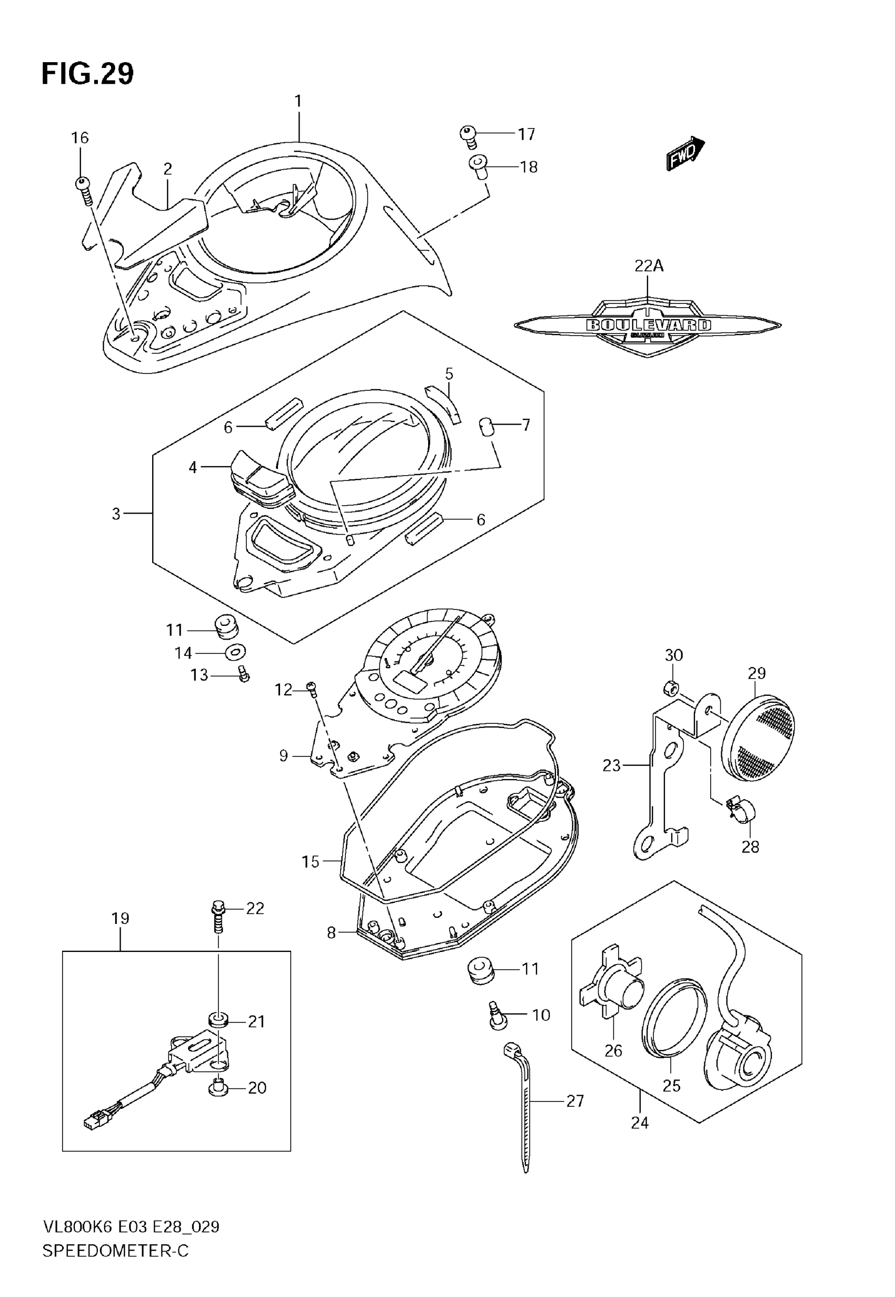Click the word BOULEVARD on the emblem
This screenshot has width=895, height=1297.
648,325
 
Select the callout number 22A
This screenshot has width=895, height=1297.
649,266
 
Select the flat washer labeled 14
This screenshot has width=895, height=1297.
235,652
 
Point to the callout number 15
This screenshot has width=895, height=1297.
310,862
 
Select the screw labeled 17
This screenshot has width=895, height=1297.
468,135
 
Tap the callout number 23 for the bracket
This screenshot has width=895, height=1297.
611,765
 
